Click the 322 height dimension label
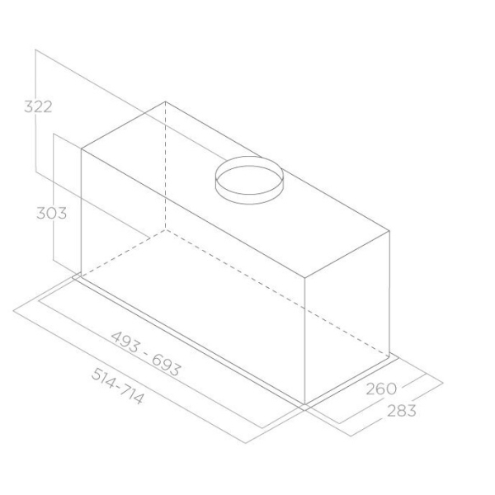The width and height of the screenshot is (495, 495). click(38, 106)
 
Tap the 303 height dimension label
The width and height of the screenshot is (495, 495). click(52, 213)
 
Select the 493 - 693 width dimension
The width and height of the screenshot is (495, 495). click(146, 353)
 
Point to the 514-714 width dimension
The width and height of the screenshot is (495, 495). click(118, 386)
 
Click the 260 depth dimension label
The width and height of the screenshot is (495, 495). click(381, 389)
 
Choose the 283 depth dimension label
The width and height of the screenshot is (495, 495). click(402, 411)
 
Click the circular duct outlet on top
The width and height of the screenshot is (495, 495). click(249, 180)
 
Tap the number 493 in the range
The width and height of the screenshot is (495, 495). click(125, 342)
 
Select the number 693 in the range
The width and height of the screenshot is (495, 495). click(167, 365)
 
